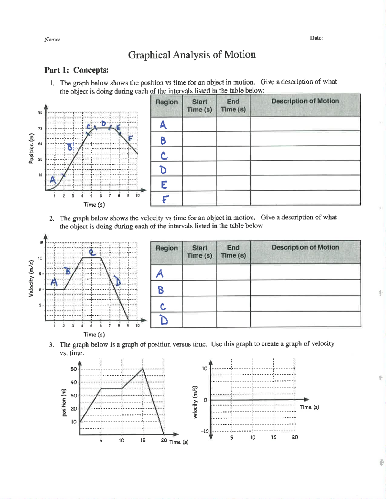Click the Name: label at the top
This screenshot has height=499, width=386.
click(x=52, y=40)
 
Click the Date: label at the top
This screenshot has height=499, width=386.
click(x=316, y=38)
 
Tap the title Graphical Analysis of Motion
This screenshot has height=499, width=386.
click(x=192, y=55)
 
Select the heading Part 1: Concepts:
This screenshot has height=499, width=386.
click(x=76, y=70)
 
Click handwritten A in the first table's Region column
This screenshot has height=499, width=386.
click(x=163, y=125)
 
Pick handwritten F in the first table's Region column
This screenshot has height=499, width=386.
click(x=165, y=199)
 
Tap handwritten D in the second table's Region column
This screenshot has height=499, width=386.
click(x=164, y=320)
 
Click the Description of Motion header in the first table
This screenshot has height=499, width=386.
click(x=305, y=101)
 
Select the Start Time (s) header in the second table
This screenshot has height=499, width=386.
click(x=199, y=252)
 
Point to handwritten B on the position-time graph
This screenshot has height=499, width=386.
click(x=70, y=147)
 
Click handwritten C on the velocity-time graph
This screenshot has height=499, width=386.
click(x=92, y=252)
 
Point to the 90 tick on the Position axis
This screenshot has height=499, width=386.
click(x=40, y=113)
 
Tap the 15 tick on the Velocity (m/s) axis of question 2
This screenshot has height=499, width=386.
click(x=41, y=243)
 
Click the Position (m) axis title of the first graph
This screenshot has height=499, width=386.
click(x=31, y=148)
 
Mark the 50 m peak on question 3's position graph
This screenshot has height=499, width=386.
click(x=143, y=369)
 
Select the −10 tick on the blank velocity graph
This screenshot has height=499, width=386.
click(x=205, y=431)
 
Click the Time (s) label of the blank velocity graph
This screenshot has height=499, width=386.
click(x=309, y=407)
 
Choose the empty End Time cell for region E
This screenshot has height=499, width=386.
click(x=233, y=183)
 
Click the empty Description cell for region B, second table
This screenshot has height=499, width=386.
click(x=305, y=288)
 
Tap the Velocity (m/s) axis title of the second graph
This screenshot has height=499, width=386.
click(x=31, y=278)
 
